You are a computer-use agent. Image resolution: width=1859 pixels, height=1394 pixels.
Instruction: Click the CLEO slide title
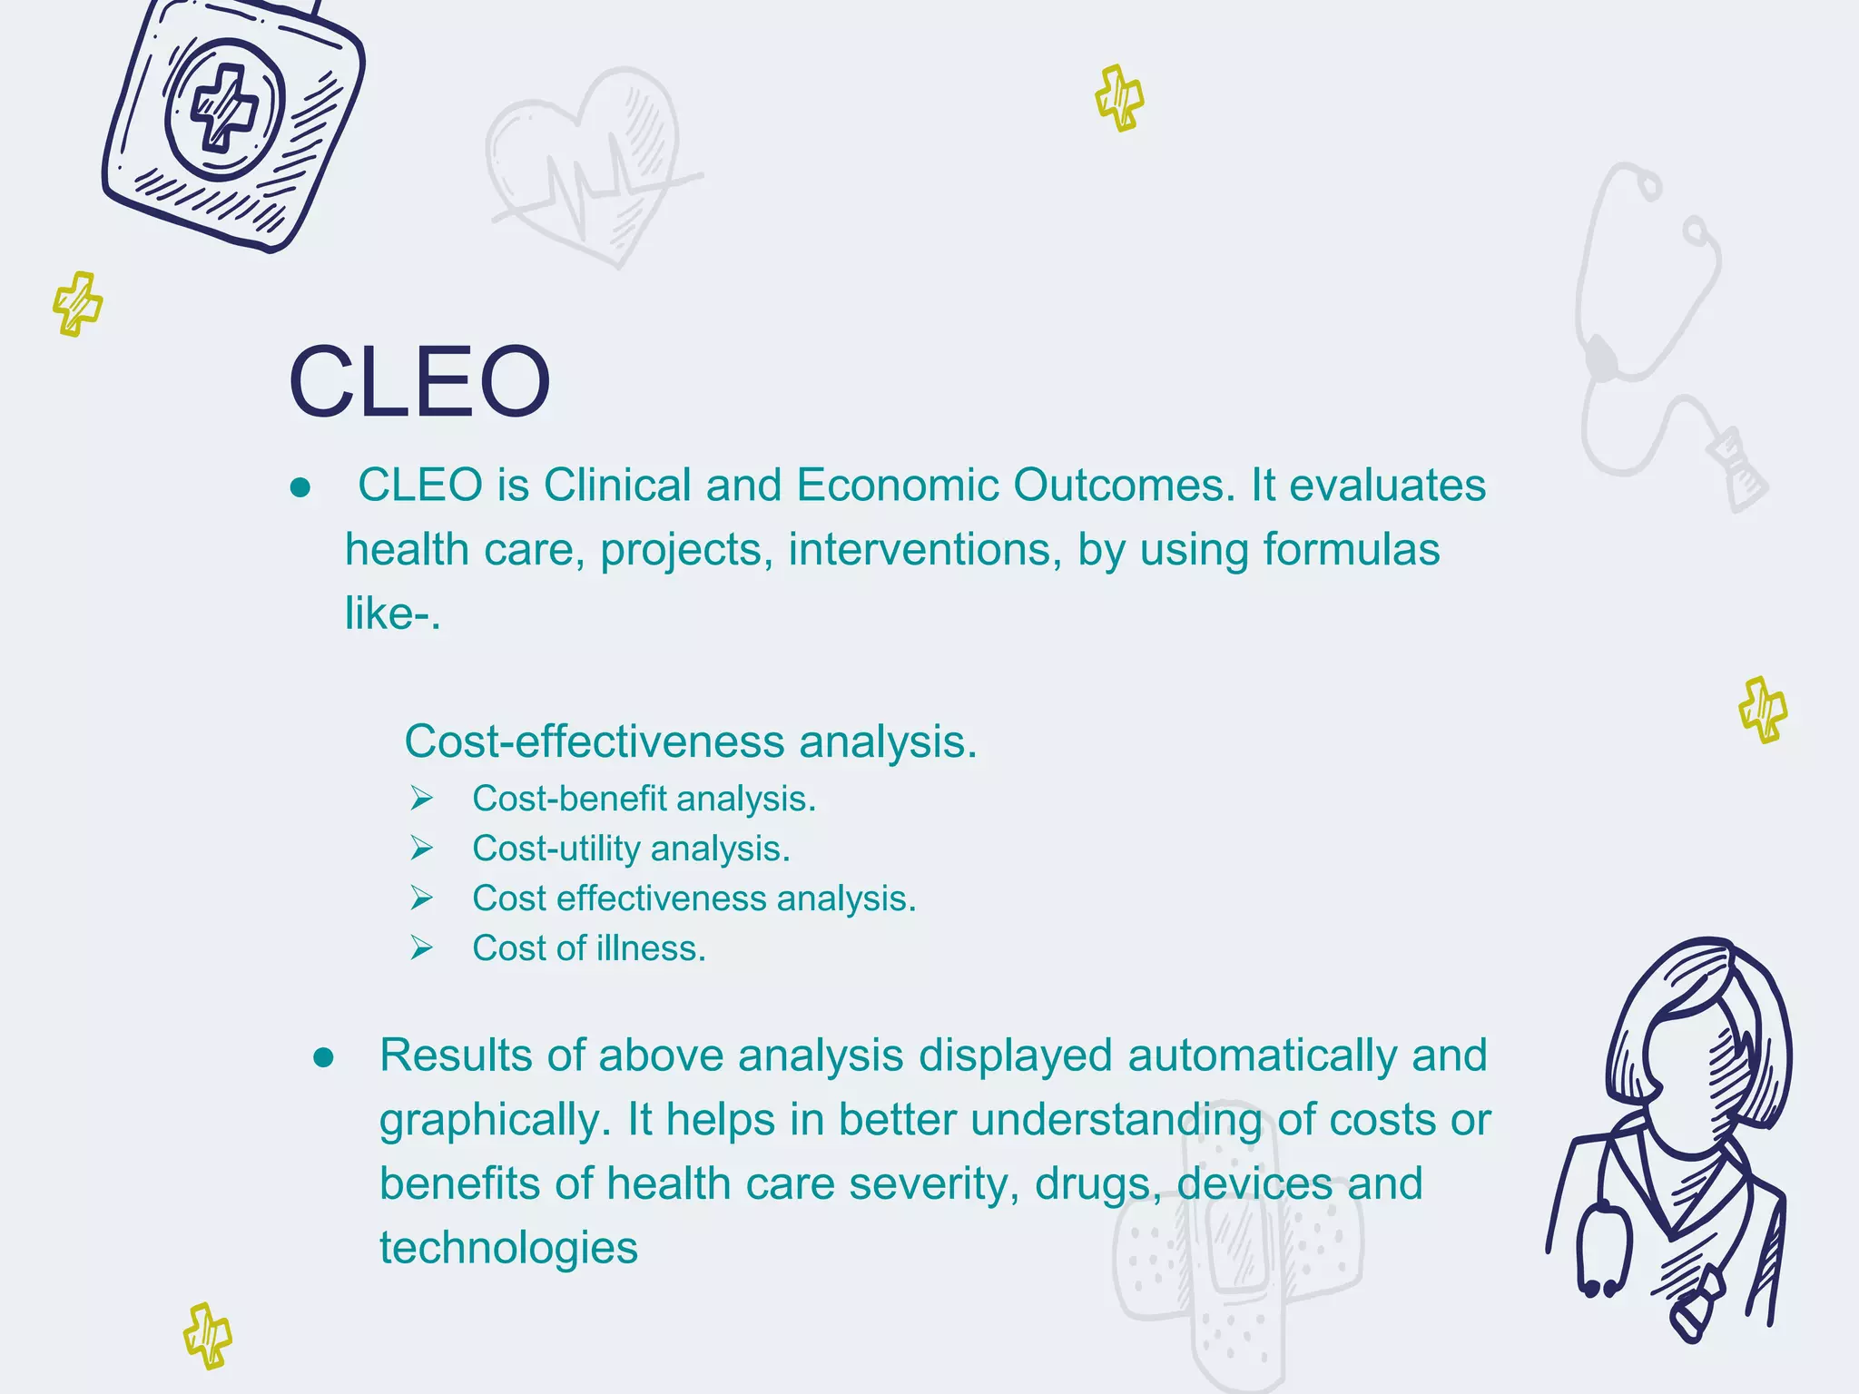coord(418,382)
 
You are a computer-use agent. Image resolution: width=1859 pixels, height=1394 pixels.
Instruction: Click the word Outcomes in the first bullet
coord(1124,486)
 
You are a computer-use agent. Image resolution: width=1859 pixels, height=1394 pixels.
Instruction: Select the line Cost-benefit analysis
coord(644,800)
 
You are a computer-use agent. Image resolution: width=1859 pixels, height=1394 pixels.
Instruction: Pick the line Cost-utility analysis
coord(631,849)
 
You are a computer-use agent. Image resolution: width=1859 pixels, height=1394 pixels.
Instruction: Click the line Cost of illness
coord(588,949)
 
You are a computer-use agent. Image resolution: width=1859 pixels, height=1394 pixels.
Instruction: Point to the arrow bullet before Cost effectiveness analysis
coord(420,898)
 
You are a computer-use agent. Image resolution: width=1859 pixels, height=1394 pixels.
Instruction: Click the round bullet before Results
coord(323,1058)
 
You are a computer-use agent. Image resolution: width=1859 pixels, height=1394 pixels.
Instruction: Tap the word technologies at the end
coord(508,1248)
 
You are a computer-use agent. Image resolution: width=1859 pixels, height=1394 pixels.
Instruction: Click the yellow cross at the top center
coord(1118,98)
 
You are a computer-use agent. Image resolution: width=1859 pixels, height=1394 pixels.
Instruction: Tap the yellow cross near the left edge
coord(77,304)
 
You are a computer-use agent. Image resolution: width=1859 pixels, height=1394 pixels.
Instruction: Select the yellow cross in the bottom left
coord(207,1335)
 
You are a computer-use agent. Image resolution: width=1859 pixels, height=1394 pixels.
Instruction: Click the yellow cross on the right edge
coord(1762,710)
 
